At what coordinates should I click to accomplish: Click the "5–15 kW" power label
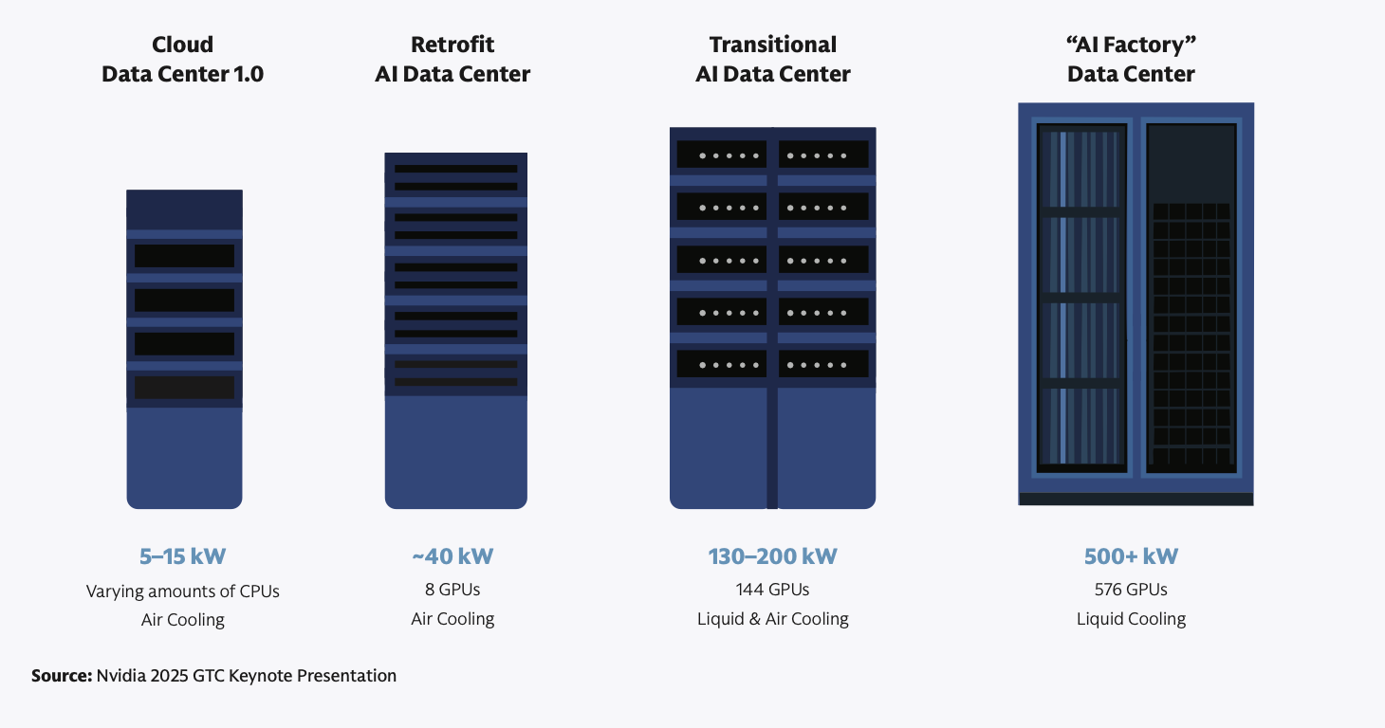183,556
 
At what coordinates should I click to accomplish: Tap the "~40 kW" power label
452,556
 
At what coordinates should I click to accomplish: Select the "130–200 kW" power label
772,556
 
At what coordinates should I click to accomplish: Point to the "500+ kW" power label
1131,556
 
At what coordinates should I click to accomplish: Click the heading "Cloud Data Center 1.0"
183,59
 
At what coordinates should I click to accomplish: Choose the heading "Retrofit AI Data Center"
452,59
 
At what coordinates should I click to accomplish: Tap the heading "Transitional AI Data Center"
772,59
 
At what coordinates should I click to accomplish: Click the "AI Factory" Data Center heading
1131,59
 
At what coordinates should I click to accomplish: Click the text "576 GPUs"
1131,590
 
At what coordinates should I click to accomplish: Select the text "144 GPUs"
772,590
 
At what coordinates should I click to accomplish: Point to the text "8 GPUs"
452,590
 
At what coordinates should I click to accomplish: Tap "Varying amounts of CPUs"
183,591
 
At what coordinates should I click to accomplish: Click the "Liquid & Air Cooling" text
772,619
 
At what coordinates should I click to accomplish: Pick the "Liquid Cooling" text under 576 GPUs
1131,619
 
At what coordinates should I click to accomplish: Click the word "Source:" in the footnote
62,676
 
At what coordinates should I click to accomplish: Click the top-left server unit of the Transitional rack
720,155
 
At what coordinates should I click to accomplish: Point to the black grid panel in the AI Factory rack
1191,337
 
